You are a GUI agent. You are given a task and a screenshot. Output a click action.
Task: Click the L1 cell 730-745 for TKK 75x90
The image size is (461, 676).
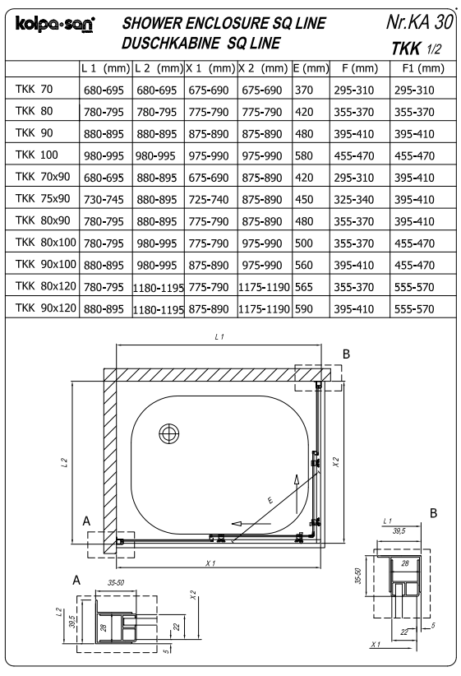pyautogui.click(x=105, y=198)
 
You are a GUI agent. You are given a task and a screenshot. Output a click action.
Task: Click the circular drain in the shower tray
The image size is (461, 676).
pyautogui.click(x=169, y=433)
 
